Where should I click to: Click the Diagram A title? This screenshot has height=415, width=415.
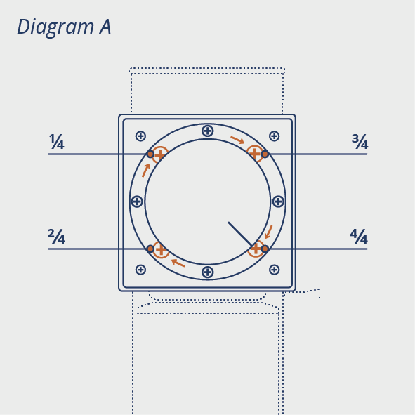click(x=64, y=27)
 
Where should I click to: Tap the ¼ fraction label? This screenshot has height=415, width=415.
click(x=57, y=142)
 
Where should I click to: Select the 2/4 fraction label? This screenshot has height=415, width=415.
click(x=56, y=237)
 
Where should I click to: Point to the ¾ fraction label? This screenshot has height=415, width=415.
click(x=360, y=142)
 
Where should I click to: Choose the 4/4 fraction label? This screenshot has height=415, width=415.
click(x=359, y=237)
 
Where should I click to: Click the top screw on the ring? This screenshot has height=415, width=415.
click(x=208, y=131)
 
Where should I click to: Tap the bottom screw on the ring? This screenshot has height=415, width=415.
click(x=208, y=272)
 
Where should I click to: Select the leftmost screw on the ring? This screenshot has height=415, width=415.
click(x=137, y=202)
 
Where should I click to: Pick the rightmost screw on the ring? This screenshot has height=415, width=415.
click(x=278, y=202)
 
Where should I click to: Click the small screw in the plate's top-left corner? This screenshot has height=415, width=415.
click(x=140, y=136)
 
